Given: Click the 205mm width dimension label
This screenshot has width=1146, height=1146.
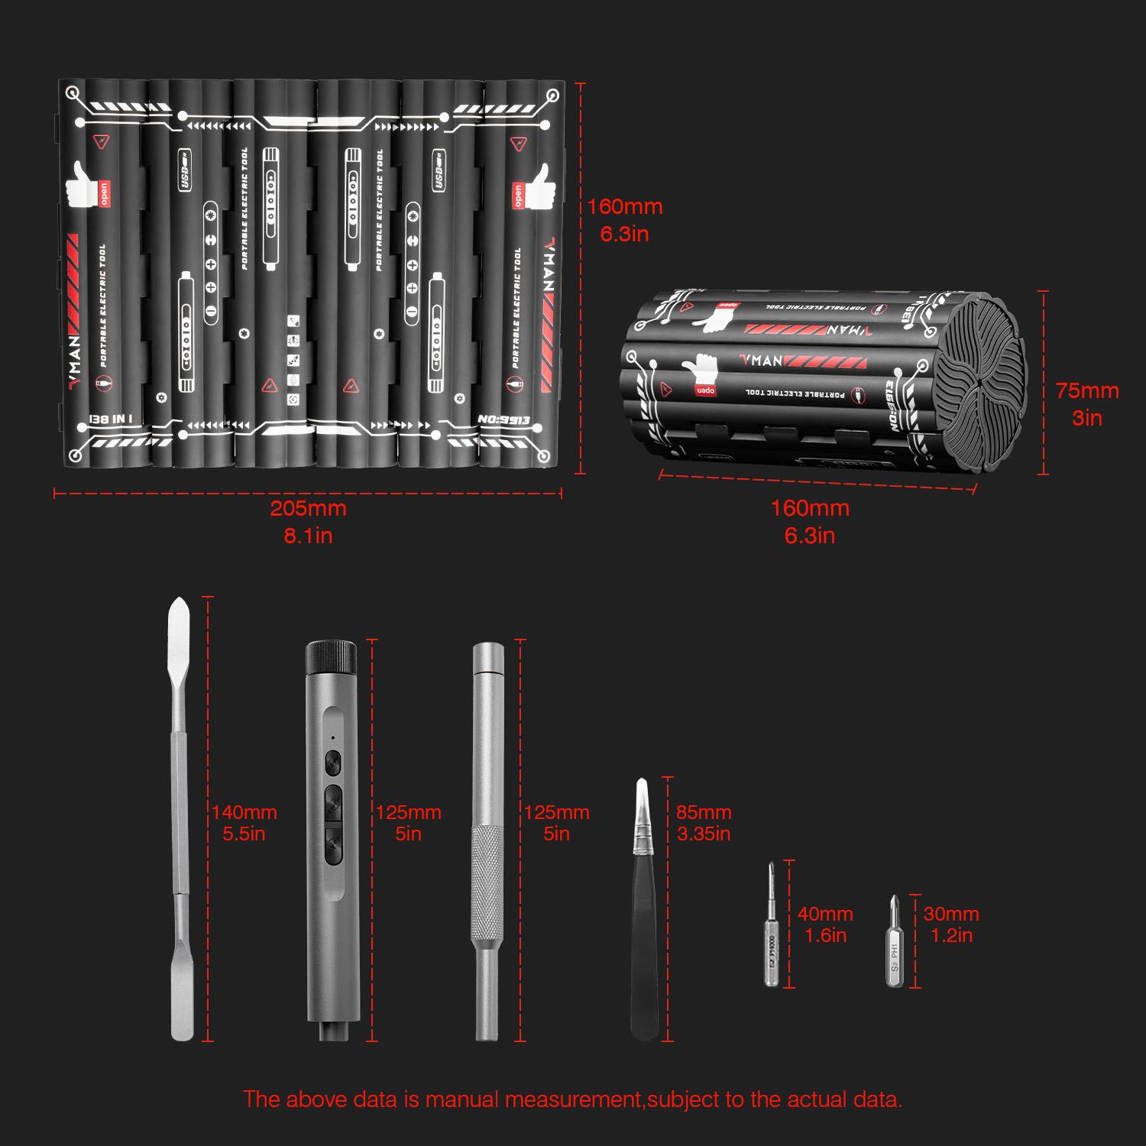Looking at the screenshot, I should tap(308, 509).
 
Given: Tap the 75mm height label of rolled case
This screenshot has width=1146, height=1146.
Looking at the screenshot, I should tap(1086, 391).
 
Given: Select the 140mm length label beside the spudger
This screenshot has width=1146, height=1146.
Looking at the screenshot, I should tap(244, 813).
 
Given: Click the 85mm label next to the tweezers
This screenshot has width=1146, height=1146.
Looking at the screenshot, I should tap(704, 813).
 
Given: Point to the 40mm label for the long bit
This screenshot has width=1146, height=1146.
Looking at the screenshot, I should tap(824, 915).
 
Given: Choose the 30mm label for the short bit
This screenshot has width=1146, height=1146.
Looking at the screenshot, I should tap(950, 915).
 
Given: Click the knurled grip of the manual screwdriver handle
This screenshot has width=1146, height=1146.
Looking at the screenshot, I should tap(487, 879).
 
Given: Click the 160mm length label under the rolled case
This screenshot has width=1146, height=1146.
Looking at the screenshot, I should tap(810, 509).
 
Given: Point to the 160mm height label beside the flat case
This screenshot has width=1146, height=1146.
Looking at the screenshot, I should tap(624, 207).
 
